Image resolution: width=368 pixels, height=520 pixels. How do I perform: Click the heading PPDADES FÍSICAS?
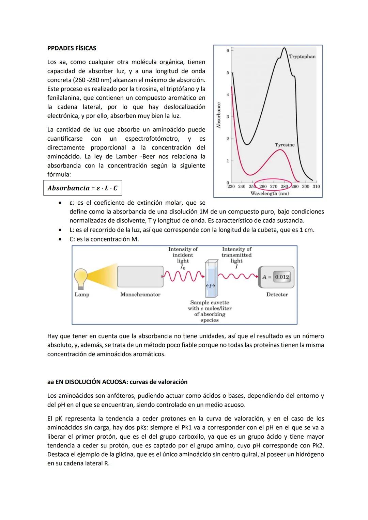click(x=72, y=48)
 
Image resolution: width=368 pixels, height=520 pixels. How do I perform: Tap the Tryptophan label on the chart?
click(x=302, y=57)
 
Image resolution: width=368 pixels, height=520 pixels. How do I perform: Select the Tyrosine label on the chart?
click(x=285, y=145)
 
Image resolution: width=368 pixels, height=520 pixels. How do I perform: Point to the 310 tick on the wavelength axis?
click(x=316, y=187)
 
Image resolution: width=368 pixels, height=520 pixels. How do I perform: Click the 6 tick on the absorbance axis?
click(x=228, y=50)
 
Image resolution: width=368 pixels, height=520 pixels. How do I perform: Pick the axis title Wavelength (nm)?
click(x=270, y=193)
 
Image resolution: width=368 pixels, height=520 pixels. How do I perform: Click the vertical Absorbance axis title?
click(x=219, y=115)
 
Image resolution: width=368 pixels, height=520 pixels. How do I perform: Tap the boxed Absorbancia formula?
click(x=82, y=188)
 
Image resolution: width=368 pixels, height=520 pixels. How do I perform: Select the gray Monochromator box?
click(x=140, y=277)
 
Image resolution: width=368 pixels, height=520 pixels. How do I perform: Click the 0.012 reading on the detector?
click(x=282, y=277)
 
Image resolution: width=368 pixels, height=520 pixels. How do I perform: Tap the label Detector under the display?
click(x=277, y=295)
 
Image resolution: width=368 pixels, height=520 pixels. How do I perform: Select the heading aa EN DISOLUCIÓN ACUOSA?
click(x=117, y=382)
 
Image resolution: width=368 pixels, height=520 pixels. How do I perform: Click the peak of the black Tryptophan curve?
click(x=284, y=48)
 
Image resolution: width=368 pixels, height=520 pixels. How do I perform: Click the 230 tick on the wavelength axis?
click(x=231, y=187)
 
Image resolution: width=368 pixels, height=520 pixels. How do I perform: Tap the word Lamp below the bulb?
click(x=82, y=295)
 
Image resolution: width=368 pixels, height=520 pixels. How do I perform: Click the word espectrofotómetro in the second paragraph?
click(x=152, y=139)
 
